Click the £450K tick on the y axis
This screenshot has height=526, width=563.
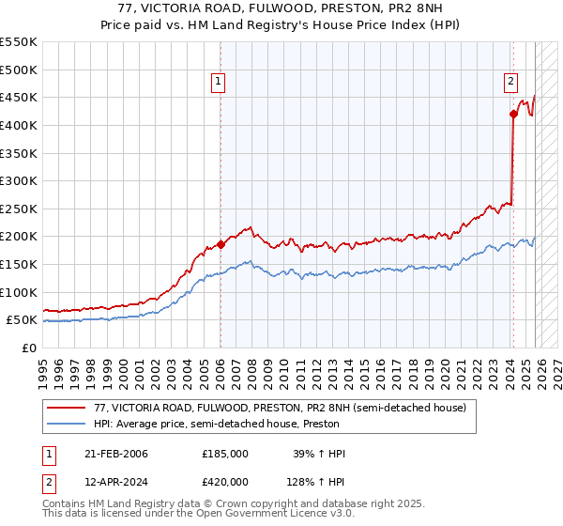click(x=18, y=97)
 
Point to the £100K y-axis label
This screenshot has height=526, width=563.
click(x=18, y=292)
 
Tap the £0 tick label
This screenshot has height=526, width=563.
click(x=28, y=348)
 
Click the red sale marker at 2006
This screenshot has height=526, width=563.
click(x=221, y=244)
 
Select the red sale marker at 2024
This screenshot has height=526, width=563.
click(x=513, y=115)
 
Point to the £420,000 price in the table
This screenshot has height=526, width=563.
click(x=224, y=482)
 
